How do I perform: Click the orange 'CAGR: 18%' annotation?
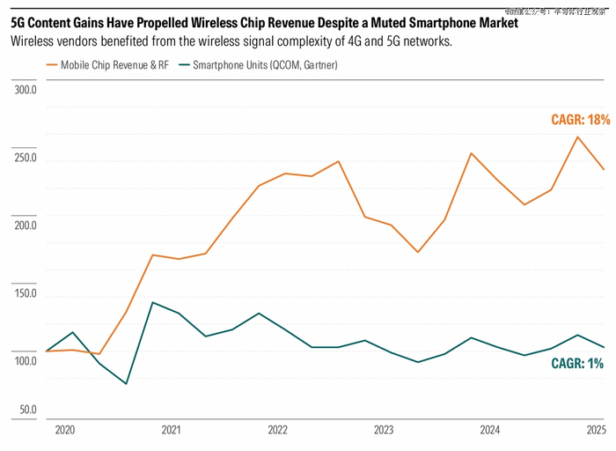pos(580,120)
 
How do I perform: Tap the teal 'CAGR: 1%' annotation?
pos(577,363)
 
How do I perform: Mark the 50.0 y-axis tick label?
pos(27,410)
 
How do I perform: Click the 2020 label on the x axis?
pos(65,431)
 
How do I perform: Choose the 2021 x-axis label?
pos(172,431)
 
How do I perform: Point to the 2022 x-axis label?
pos(277,431)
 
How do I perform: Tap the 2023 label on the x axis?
pos(384,431)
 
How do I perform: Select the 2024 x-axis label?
pos(490,431)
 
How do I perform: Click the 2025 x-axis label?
pos(596,431)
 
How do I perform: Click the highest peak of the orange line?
pos(577,137)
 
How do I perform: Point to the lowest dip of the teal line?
pos(126,384)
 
